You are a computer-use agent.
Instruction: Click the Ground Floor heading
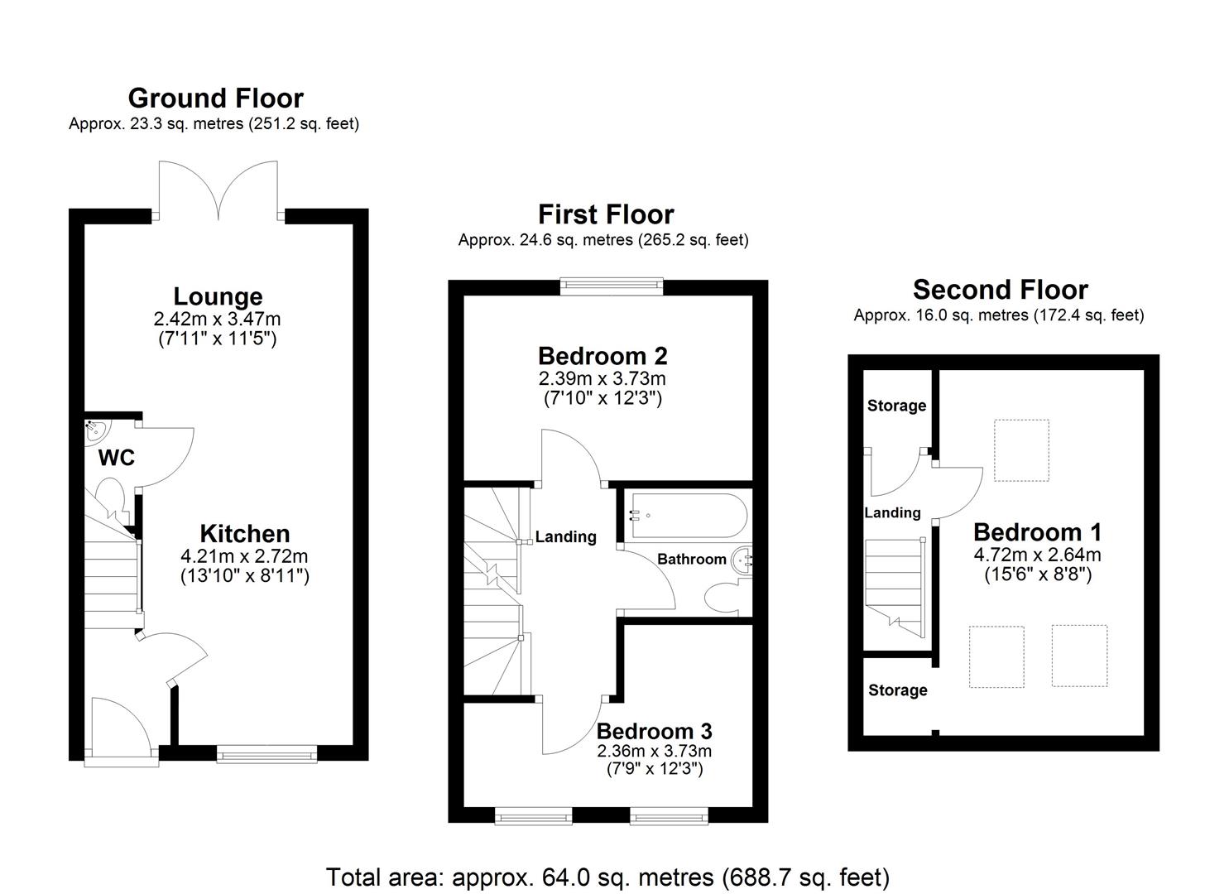click(215, 99)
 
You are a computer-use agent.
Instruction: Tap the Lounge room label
click(218, 296)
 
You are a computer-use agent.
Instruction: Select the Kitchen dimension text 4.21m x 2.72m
click(244, 556)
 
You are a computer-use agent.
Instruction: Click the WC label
click(116, 458)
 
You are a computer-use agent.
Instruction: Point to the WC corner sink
click(94, 430)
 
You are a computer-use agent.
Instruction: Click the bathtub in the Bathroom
click(688, 516)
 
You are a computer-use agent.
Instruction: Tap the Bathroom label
click(691, 560)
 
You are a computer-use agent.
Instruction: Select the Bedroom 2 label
click(602, 356)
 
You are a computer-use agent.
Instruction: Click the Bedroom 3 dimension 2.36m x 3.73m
click(654, 752)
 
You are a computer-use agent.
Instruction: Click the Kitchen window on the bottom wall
click(266, 753)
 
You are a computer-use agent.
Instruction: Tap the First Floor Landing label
click(565, 537)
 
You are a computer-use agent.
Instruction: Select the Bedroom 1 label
click(1038, 532)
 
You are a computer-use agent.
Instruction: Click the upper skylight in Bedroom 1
click(1021, 450)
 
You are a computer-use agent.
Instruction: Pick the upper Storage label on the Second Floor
click(896, 406)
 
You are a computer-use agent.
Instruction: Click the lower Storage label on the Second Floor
click(897, 690)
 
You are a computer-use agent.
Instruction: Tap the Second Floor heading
click(1000, 290)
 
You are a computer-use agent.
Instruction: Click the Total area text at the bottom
click(607, 877)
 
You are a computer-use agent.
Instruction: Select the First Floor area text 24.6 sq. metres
click(602, 240)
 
